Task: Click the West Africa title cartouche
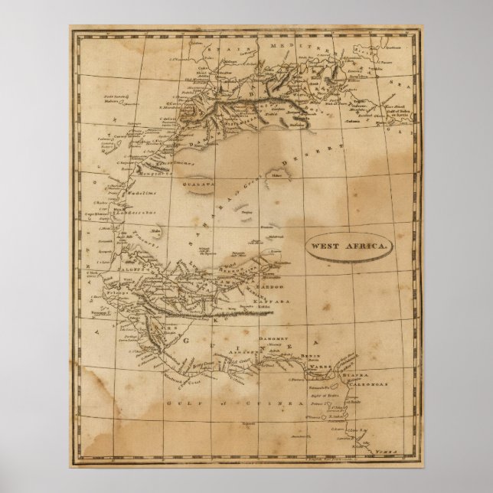coord(349,246)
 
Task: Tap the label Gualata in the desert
coord(198,184)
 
